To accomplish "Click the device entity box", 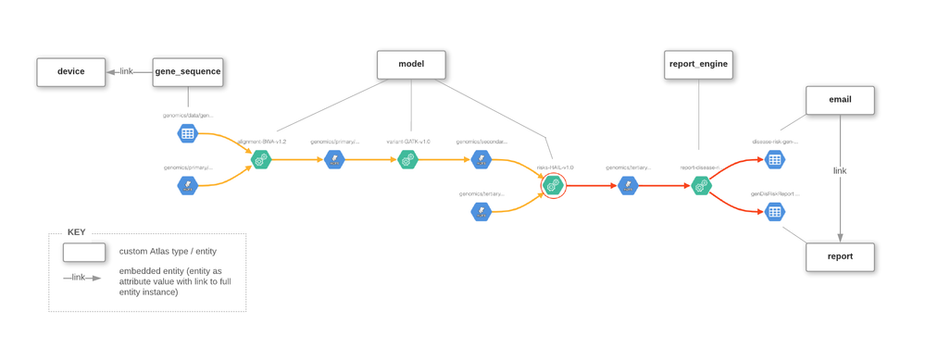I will coord(70,72).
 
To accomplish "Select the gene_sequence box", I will coord(188,72).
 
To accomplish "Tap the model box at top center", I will coord(411,65).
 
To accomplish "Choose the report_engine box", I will coord(698,65).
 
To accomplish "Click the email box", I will coord(840,100).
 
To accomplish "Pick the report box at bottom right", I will coord(840,256).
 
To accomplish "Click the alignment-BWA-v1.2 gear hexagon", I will coord(261,160).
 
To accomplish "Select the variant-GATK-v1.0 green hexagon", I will coord(407,160).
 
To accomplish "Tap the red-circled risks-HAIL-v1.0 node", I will coord(554,185).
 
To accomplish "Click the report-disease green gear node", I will coord(701,185).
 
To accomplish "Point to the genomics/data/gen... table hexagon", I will coord(188,133).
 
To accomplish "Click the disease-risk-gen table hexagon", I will coord(775,159).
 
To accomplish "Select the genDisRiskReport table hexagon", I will coord(775,211).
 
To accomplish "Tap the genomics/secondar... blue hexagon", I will coord(481,160).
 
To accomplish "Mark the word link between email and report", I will coord(840,171).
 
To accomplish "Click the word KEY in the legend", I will coord(76,232).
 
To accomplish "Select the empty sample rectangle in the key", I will coord(83,252).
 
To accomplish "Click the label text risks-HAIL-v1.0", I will coord(555,168).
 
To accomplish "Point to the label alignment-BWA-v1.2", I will coord(262,142).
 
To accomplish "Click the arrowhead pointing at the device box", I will coord(111,72).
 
